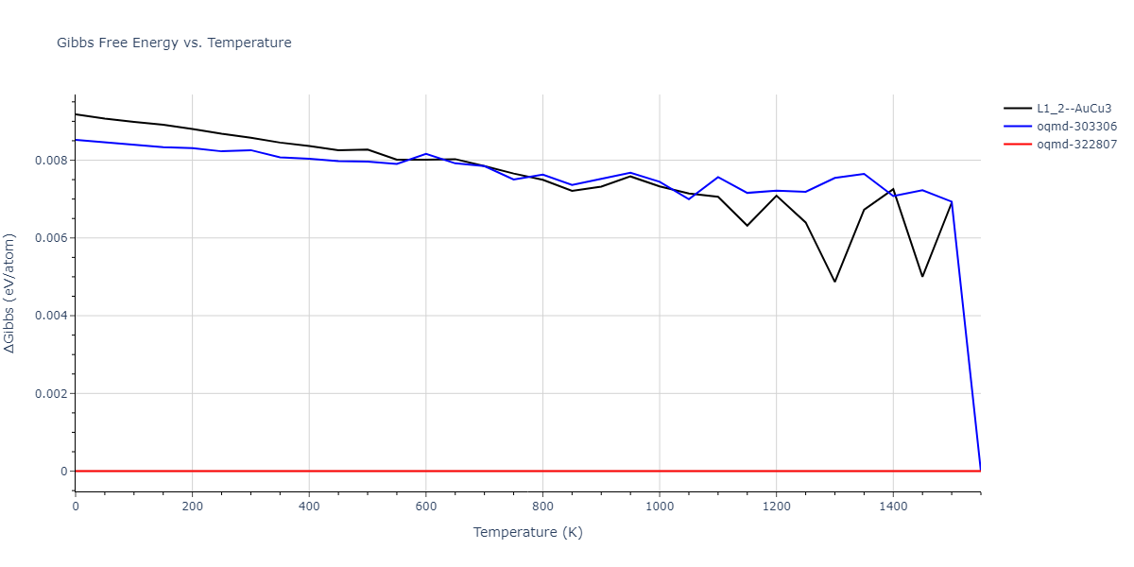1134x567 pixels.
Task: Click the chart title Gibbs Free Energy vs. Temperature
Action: coord(174,43)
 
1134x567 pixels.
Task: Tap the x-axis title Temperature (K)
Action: coord(527,532)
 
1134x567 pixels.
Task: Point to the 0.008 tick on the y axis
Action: coord(49,160)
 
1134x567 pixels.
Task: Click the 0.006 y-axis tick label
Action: coord(49,238)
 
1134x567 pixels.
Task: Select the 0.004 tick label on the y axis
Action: coord(49,316)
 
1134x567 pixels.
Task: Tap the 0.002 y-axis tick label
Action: coord(49,393)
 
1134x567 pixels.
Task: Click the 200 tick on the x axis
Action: coord(192,507)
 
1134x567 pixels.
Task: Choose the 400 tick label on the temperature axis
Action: coord(309,507)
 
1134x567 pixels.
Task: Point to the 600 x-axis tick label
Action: coord(425,507)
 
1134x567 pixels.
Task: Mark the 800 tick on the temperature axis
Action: coord(542,507)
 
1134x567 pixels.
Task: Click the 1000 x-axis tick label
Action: coord(659,507)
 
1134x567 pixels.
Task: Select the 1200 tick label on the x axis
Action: coord(776,507)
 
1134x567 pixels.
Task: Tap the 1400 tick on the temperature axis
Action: coord(893,507)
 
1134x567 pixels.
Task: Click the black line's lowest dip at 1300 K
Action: coord(834,282)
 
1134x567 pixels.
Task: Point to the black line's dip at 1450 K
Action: coord(922,276)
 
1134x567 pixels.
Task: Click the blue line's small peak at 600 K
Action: coord(425,153)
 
